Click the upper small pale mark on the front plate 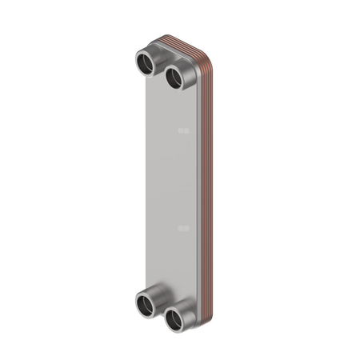(183, 129)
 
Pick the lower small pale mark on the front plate (183, 229)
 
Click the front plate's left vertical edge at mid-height (147, 184)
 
